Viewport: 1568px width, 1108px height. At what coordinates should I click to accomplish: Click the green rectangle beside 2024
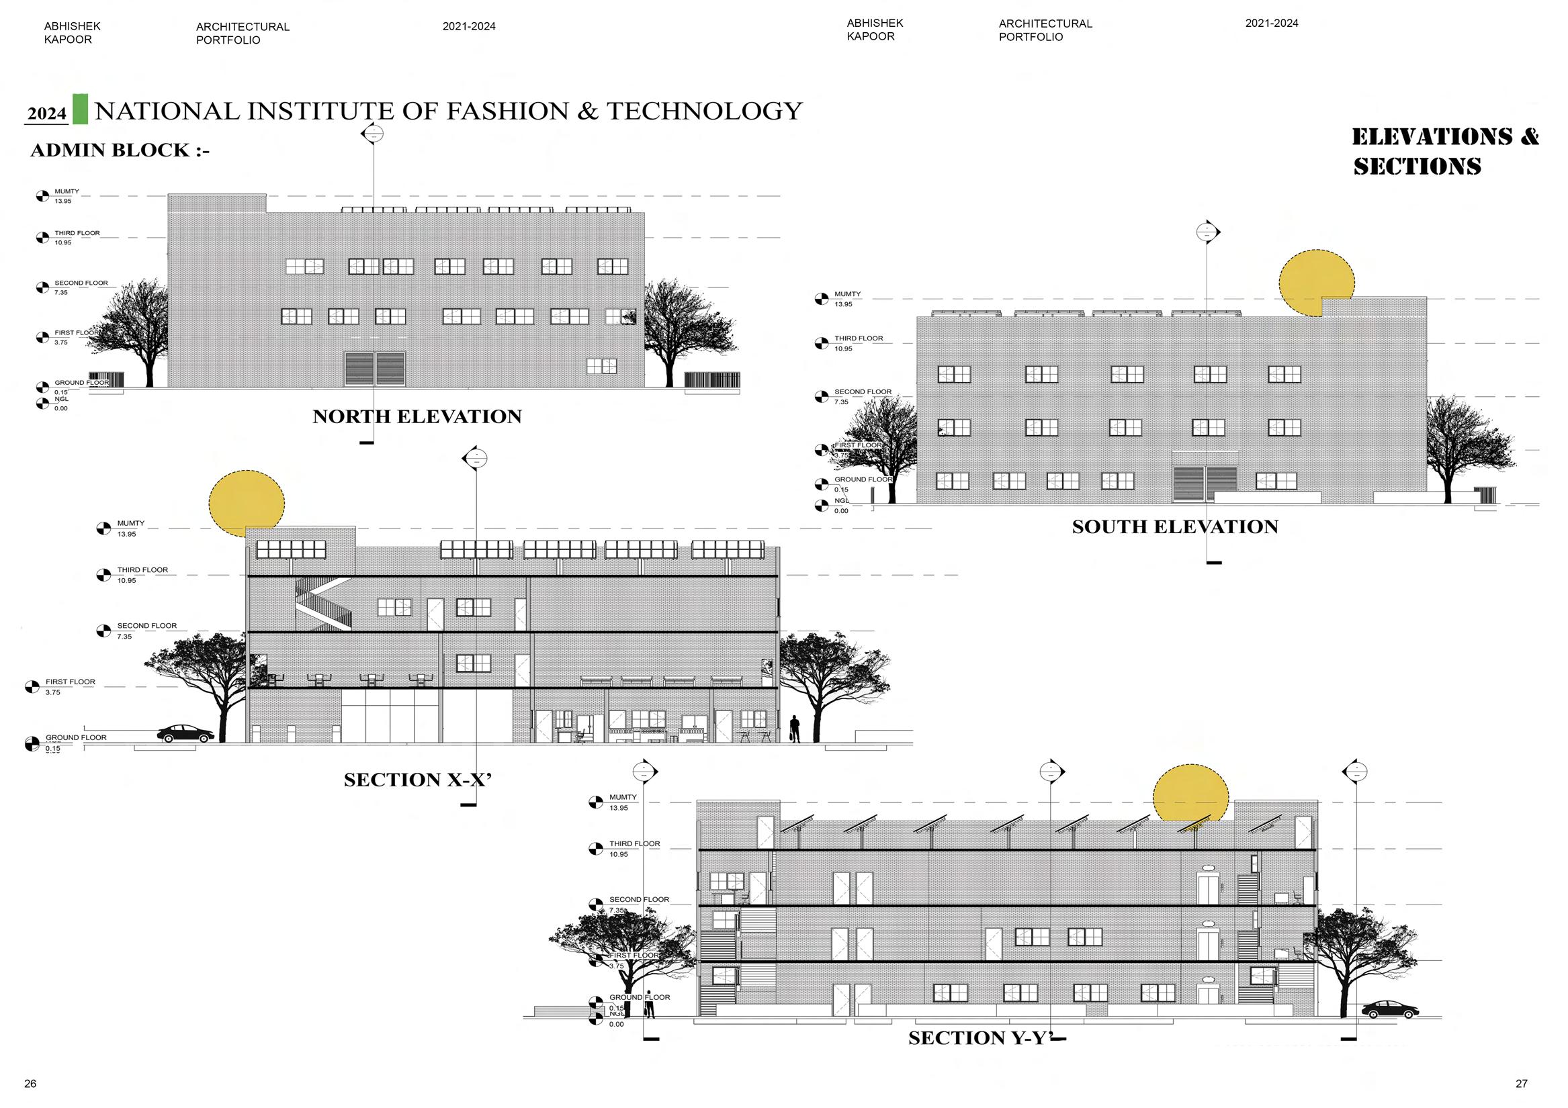pos(81,109)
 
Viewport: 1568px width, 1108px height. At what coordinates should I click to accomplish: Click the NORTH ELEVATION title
pos(417,416)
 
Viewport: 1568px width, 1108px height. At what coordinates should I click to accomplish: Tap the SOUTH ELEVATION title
pos(1174,526)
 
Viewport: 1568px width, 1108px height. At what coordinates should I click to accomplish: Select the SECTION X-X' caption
pos(417,780)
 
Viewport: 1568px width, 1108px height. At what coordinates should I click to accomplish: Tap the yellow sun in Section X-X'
pos(247,501)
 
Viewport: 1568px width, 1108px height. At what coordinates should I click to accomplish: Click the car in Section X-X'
pos(186,733)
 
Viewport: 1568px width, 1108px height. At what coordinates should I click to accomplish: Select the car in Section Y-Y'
pos(1389,1010)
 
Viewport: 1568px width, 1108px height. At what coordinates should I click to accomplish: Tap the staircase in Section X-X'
pos(324,604)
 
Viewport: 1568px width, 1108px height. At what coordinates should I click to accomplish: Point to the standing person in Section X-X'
pos(794,729)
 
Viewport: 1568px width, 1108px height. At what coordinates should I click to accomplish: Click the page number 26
pos(30,1083)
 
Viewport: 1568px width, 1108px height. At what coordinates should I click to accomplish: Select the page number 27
pos(1521,1083)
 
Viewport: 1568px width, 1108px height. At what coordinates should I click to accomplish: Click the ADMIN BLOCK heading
pos(120,150)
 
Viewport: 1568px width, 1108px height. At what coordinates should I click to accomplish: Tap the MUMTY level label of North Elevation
pos(67,192)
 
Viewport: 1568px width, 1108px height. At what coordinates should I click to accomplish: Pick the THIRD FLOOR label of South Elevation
pos(859,338)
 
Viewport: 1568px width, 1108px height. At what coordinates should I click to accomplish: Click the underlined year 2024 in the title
pos(46,113)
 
